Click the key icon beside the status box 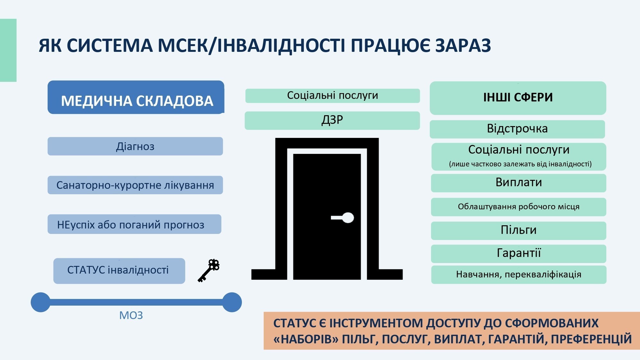[x=209, y=271]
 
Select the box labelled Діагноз [x=135, y=146]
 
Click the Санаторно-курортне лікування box [x=135, y=185]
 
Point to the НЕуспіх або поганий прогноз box [x=134, y=224]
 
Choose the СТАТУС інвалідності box [x=119, y=271]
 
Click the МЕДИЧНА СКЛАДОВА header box [x=136, y=97]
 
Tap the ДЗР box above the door [x=332, y=120]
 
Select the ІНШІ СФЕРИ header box [x=518, y=98]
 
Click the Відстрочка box [x=517, y=129]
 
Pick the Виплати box [x=518, y=183]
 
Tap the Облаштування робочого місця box [x=518, y=207]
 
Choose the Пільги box [x=518, y=230]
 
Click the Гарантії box [x=518, y=253]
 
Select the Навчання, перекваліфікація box [x=518, y=275]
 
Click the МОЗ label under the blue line [x=131, y=316]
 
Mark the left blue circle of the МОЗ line [x=41, y=302]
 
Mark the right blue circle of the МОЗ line [x=232, y=302]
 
